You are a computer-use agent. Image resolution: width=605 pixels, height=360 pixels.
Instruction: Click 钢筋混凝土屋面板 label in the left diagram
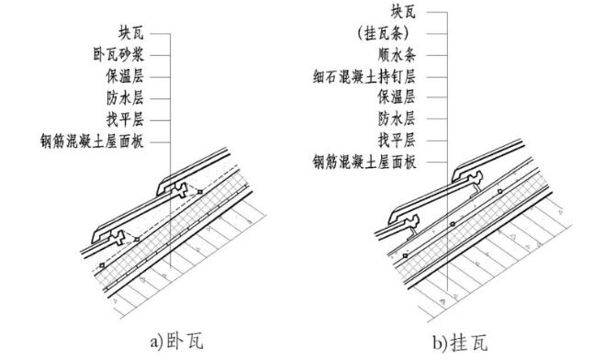[x=92, y=141]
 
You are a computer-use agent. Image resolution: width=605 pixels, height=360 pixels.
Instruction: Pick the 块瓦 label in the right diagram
[x=404, y=14]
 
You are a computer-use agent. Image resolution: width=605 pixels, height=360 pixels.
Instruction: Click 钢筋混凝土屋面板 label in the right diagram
[x=365, y=163]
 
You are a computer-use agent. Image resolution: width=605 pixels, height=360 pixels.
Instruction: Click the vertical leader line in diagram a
[x=171, y=110]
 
